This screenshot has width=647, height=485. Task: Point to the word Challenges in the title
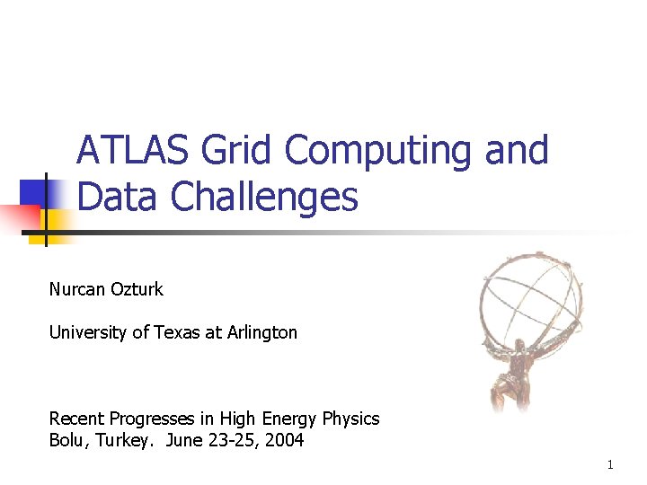pos(264,197)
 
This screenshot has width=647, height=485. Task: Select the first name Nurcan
pos(77,289)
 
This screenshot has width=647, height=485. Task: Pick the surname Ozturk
pos(137,289)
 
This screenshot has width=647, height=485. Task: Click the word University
pos(88,332)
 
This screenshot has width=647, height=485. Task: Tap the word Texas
pos(178,332)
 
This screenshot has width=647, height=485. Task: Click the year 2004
pos(284,441)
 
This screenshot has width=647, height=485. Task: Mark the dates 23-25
pos(235,441)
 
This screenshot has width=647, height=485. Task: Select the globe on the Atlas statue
pos(530,301)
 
